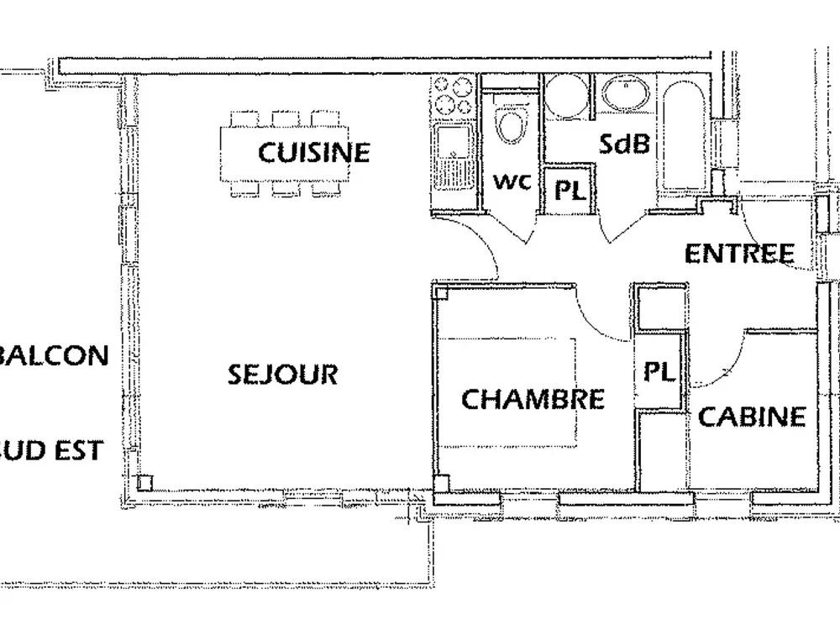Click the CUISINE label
click(x=313, y=152)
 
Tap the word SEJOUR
click(x=282, y=374)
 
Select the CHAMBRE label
click(x=533, y=398)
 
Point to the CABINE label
click(x=752, y=416)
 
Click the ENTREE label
click(x=739, y=254)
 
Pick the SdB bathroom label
click(x=624, y=144)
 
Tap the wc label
click(x=512, y=181)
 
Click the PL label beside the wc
click(x=568, y=190)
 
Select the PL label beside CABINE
click(x=659, y=371)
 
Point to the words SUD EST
click(x=50, y=450)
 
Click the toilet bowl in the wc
click(x=510, y=125)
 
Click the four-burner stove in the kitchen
click(x=453, y=96)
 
